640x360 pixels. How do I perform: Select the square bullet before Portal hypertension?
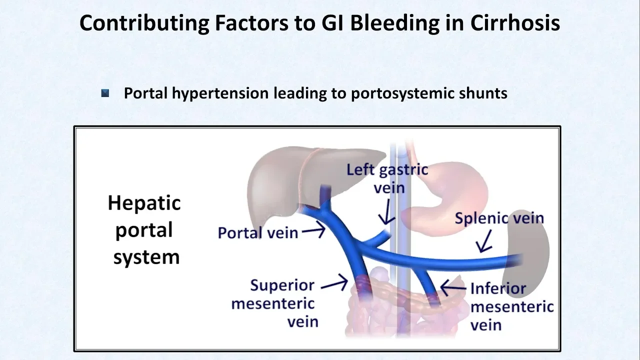105,93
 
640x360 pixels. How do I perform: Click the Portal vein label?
257,232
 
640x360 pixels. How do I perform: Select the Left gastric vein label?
387,177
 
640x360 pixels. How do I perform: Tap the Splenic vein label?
499,218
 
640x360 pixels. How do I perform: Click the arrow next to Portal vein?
314,230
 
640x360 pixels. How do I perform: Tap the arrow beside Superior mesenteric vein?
334,284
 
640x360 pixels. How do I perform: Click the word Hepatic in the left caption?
144,203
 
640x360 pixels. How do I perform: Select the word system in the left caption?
146,257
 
